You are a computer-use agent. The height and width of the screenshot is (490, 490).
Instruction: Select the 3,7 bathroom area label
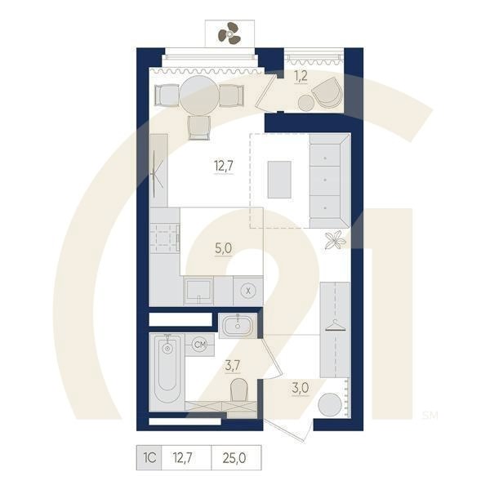tap(233, 366)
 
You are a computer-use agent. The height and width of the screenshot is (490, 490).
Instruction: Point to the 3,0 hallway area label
tap(301, 387)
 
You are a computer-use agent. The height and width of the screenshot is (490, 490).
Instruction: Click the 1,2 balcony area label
tap(301, 76)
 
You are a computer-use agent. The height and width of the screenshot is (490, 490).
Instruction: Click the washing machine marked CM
tap(198, 345)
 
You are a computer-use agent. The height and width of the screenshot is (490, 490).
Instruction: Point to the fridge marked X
tap(248, 289)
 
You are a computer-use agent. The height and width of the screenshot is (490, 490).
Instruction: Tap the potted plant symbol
tap(334, 240)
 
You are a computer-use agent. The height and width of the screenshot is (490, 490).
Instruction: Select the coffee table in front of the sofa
tap(279, 179)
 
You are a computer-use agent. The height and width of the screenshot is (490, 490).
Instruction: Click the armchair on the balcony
tap(327, 91)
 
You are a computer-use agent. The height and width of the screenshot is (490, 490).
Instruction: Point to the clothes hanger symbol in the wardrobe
tap(334, 327)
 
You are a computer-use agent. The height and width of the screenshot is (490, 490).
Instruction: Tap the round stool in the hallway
tap(330, 406)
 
